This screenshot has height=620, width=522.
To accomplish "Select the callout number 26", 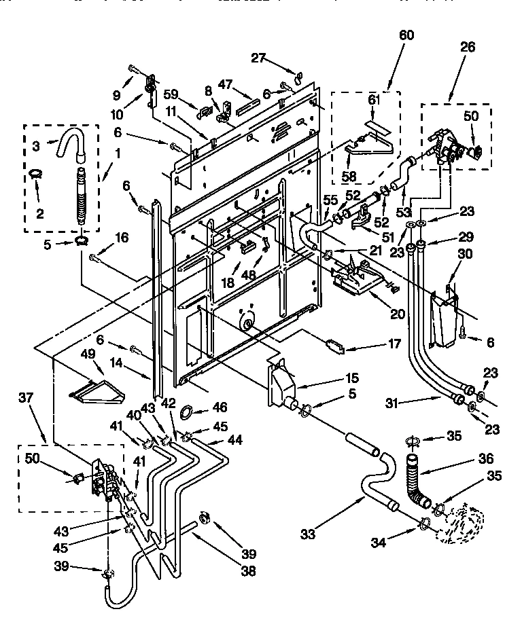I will (x=468, y=48).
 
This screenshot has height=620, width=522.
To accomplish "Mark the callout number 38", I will (x=248, y=571).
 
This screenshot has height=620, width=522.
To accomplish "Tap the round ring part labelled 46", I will (x=186, y=411).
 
